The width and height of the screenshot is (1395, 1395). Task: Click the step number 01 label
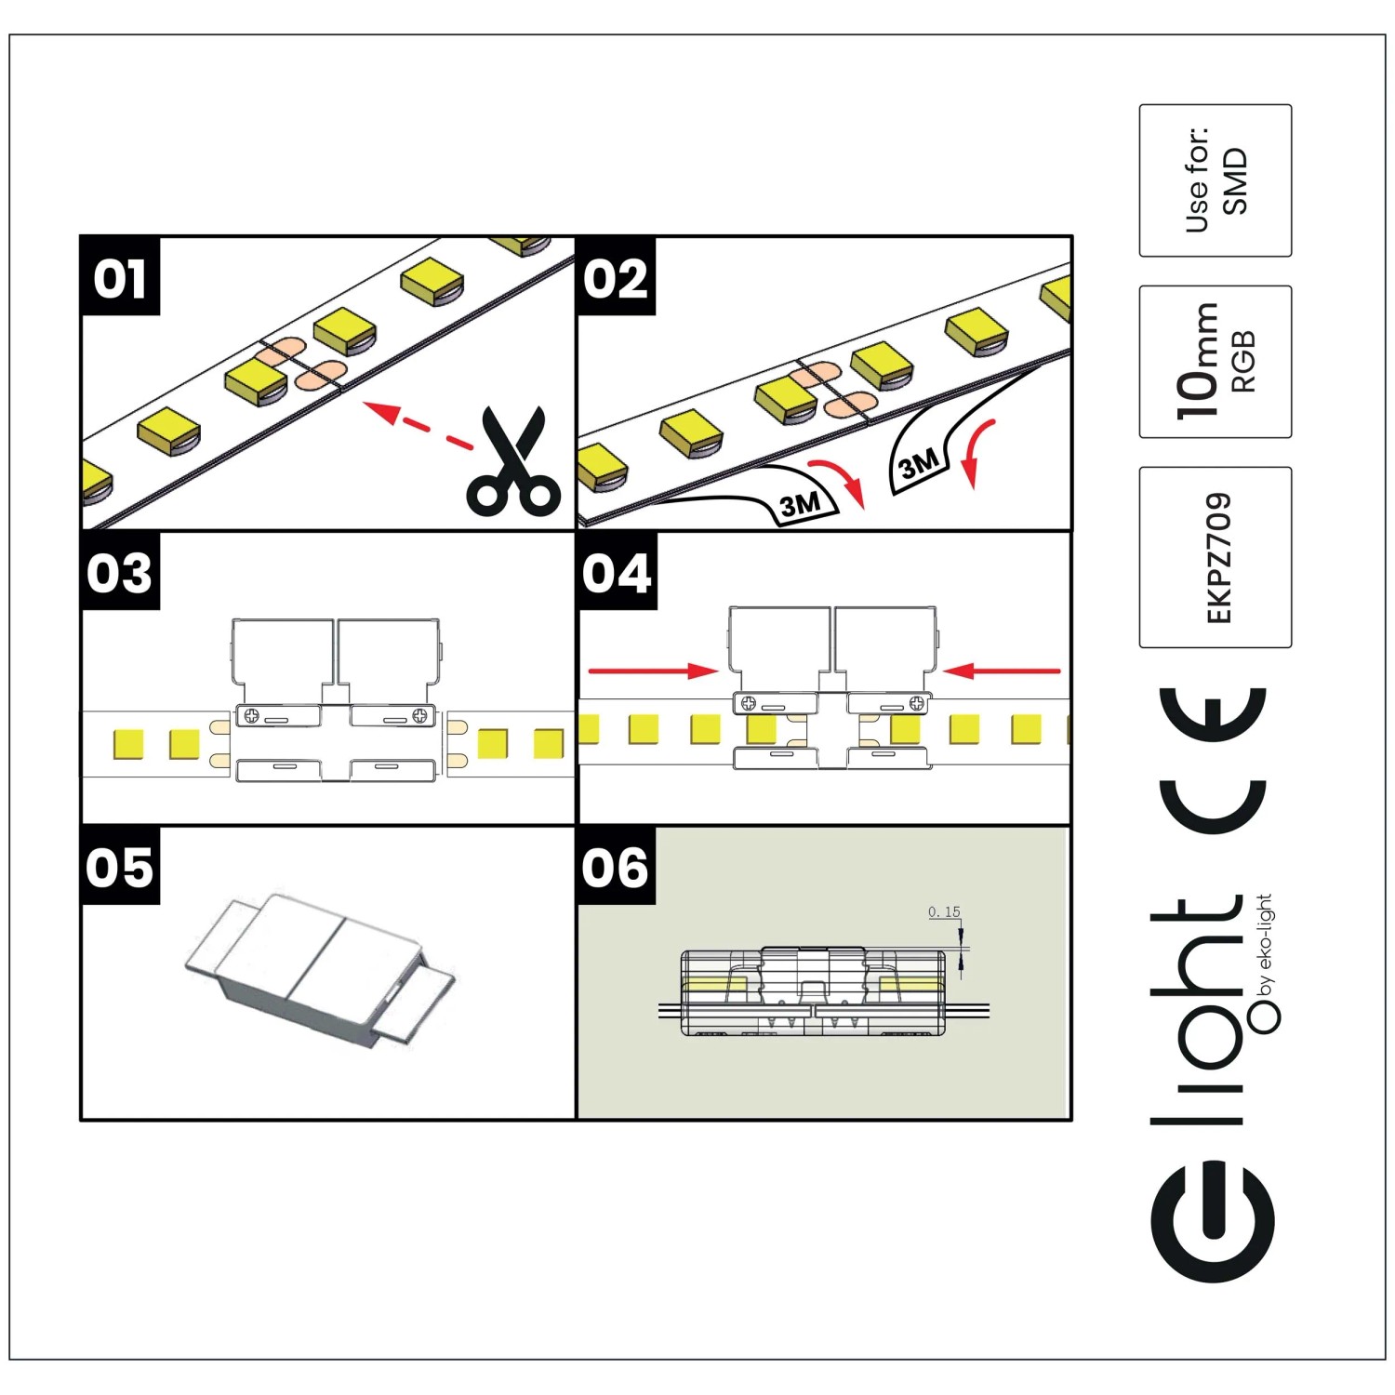120,278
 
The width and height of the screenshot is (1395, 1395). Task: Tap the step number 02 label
616,278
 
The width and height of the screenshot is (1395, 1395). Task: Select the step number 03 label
120,573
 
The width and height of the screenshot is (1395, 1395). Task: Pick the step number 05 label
120,868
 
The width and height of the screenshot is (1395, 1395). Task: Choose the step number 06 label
616,868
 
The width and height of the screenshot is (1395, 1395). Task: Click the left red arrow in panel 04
653,671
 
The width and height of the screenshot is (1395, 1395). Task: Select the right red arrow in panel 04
1002,671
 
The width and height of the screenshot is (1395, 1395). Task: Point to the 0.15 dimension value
944,912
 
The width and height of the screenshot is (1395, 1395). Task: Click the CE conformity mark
1213,761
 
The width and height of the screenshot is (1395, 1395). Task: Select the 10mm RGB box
1216,362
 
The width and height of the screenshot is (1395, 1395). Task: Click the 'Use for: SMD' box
1216,180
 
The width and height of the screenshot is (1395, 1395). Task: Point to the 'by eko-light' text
1265,945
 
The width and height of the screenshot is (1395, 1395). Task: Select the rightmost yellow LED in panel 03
549,744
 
